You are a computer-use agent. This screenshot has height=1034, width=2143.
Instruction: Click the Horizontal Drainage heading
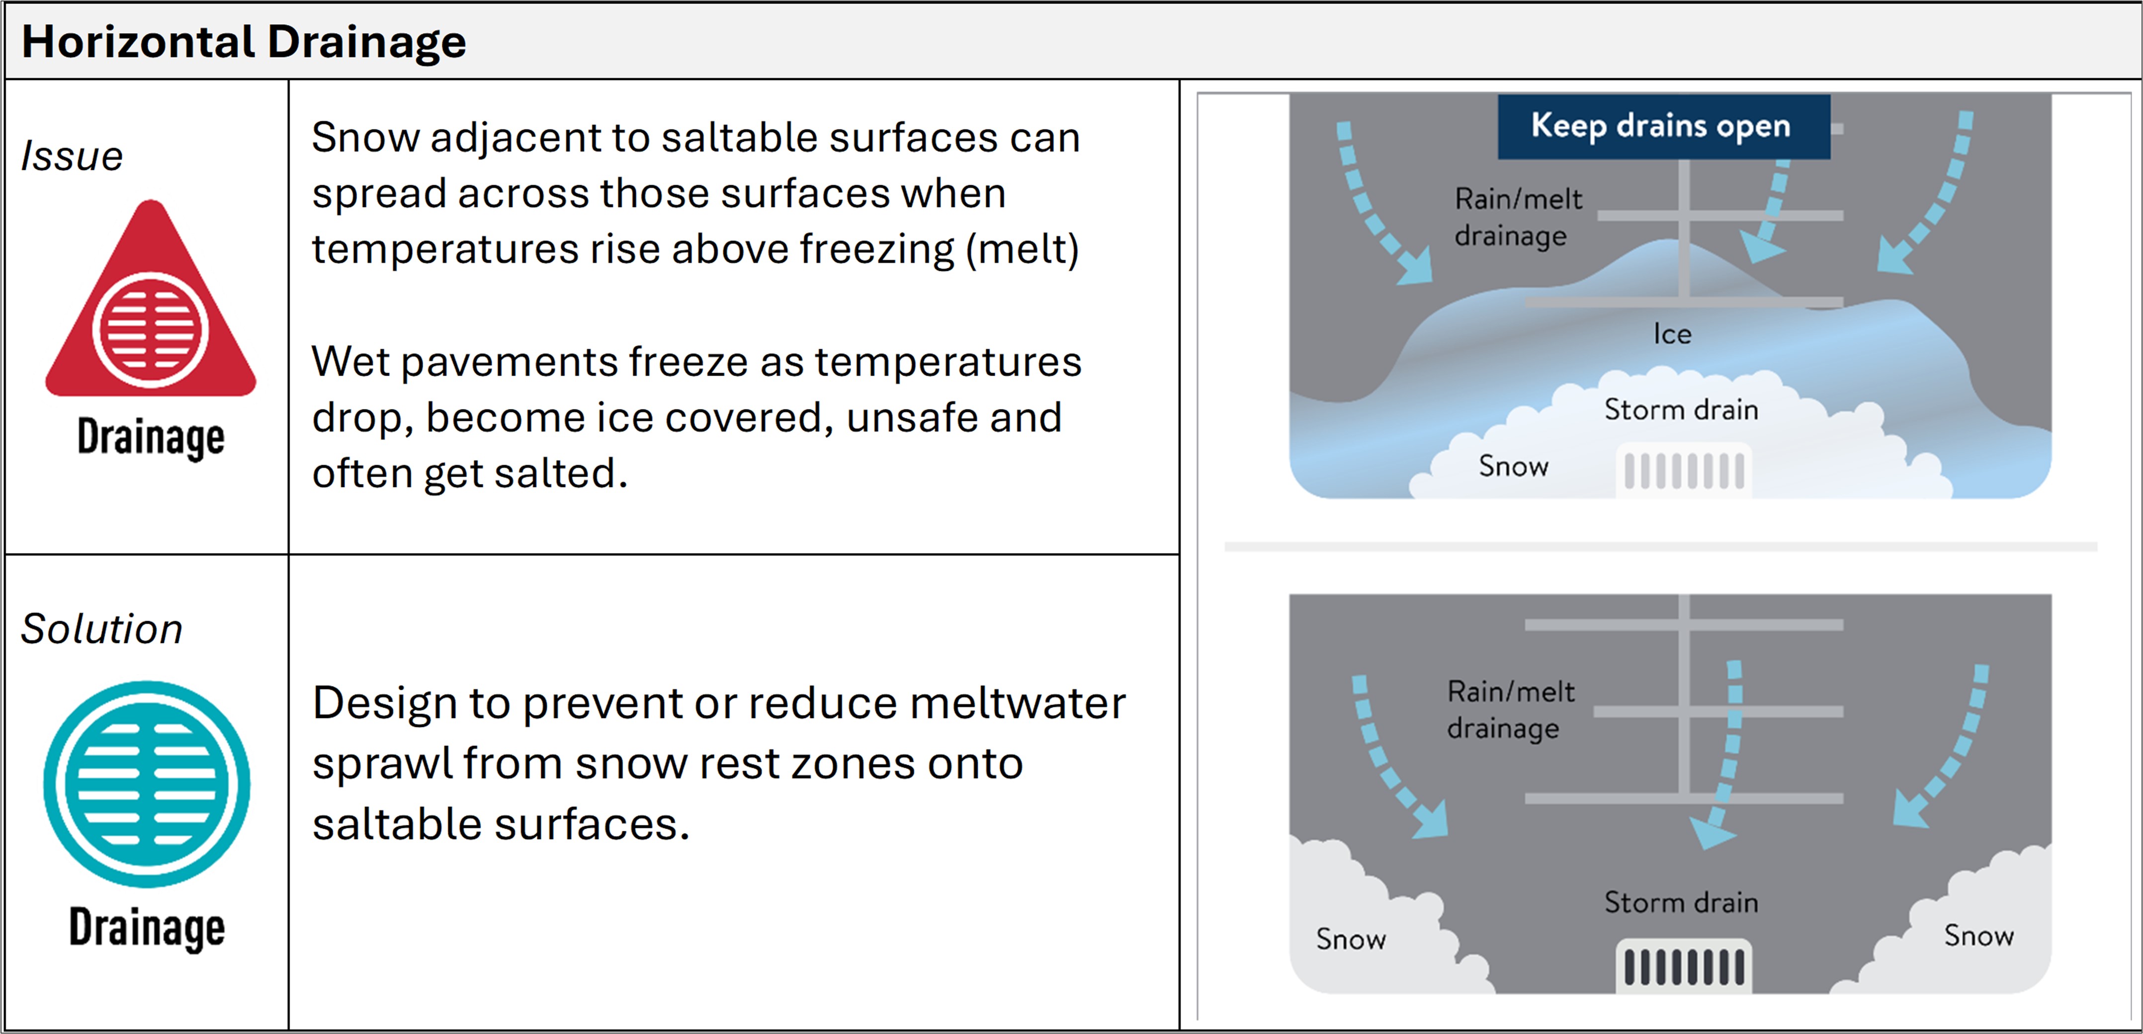click(244, 42)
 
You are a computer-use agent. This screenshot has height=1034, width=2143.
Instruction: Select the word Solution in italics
click(101, 629)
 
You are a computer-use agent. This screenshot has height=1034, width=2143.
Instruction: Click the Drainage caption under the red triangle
click(151, 438)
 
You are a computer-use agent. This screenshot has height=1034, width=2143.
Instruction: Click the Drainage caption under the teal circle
click(147, 928)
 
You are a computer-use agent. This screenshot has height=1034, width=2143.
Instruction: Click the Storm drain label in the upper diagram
click(1681, 410)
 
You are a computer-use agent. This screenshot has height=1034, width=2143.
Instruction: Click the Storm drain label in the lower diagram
click(1681, 902)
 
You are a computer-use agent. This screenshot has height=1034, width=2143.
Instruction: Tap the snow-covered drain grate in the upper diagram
click(1684, 471)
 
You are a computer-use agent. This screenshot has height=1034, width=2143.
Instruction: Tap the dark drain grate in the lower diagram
click(1684, 966)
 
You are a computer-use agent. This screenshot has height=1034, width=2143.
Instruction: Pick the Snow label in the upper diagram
click(1513, 467)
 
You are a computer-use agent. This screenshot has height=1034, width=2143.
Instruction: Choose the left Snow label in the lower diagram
click(1351, 939)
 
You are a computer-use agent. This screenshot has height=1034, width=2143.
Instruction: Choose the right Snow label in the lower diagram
click(1979, 936)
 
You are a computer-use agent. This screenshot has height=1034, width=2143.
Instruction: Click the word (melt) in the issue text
click(1023, 249)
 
